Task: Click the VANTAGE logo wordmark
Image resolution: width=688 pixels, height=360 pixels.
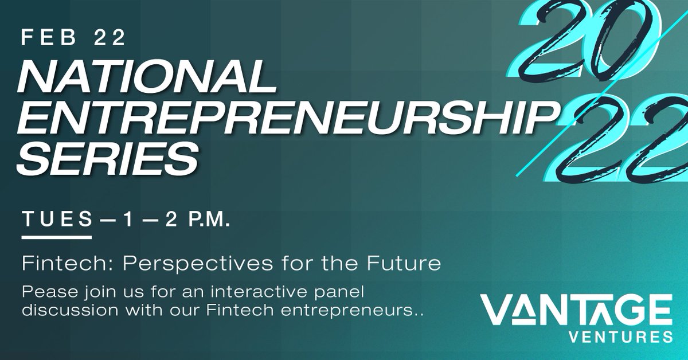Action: pos(577,310)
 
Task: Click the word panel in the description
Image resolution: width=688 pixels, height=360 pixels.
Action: pos(347,292)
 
